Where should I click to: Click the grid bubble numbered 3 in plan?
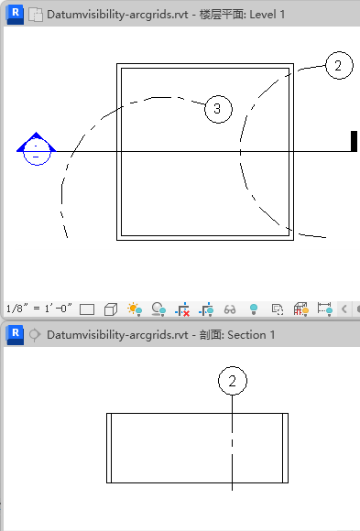[x=218, y=109]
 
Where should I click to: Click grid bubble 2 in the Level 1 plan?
[x=339, y=65]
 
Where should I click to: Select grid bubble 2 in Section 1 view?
[x=232, y=381]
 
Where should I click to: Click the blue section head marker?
[x=37, y=148]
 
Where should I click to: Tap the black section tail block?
[x=354, y=141]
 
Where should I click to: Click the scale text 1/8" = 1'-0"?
[x=39, y=309]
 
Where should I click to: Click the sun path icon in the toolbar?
[x=135, y=309]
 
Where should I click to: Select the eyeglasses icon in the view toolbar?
[x=230, y=309]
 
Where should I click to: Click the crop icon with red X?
[x=182, y=309]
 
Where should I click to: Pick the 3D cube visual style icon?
[x=111, y=309]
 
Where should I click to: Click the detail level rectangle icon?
[x=87, y=309]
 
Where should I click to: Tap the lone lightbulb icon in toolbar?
[x=254, y=309]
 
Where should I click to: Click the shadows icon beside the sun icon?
[x=158, y=309]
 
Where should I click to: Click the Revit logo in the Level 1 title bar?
[x=16, y=15]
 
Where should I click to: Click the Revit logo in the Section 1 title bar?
[x=16, y=335]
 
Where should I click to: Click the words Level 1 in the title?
[x=267, y=15]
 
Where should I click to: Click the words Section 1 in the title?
[x=251, y=335]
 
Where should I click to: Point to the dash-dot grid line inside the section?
[x=232, y=442]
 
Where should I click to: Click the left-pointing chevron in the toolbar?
[x=344, y=309]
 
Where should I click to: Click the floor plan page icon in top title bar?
[x=36, y=15]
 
